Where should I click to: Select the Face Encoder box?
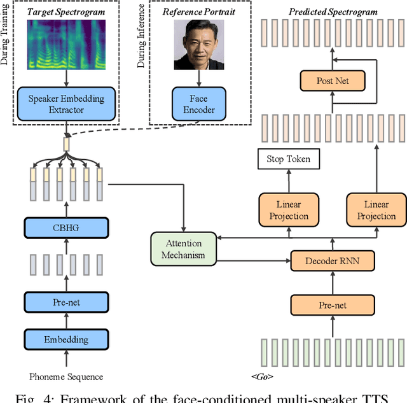tap(199, 104)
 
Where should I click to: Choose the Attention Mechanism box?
tap(183, 249)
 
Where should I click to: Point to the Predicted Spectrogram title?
tap(333, 11)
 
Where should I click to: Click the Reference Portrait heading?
tap(199, 11)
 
